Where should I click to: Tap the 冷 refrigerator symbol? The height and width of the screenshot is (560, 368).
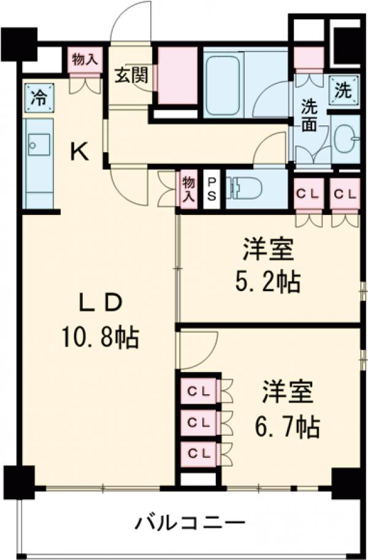pos(38,96)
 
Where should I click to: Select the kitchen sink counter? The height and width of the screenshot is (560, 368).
pos(38,163)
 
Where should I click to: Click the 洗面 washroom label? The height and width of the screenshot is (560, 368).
pos(309,115)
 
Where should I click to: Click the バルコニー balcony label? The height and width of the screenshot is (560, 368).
pos(191,524)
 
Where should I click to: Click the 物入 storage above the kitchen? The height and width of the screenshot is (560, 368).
pos(84,60)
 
